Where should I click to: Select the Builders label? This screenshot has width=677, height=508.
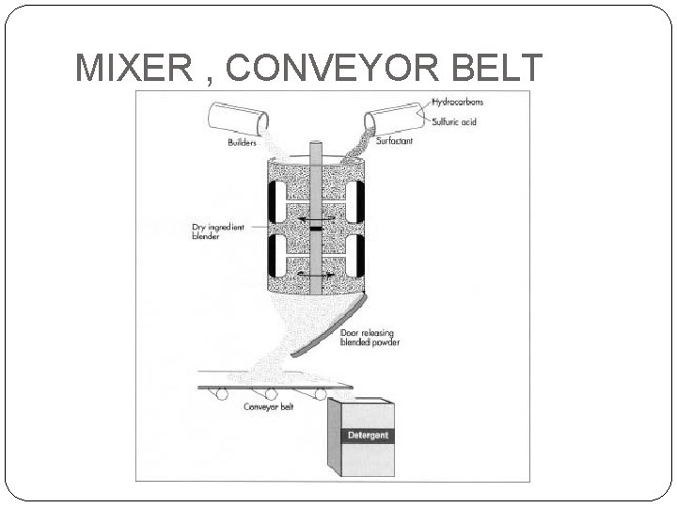point(242,143)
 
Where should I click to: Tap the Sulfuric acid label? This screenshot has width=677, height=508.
point(456,121)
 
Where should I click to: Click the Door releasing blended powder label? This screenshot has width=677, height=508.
point(370,337)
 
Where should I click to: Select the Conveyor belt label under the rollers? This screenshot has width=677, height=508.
point(268,407)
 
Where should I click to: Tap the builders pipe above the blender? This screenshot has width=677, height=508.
point(239,118)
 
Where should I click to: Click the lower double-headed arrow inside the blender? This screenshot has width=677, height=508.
point(314,274)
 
